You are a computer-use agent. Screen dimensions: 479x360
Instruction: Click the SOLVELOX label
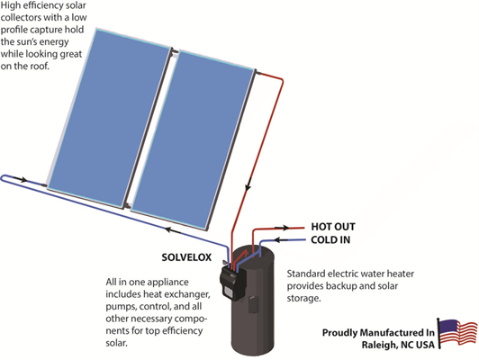pos(186,257)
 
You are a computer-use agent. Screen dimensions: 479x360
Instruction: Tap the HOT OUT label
pos(333,227)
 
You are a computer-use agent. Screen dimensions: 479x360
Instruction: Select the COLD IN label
pos(330,240)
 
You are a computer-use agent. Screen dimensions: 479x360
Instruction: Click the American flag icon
pos(457,333)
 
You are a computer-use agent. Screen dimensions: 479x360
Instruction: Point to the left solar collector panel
pos(108,116)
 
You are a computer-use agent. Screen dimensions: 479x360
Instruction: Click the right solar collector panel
pos(193,139)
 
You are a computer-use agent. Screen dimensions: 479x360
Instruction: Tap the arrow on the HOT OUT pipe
pos(282,228)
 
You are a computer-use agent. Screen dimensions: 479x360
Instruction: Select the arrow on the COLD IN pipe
pos(281,240)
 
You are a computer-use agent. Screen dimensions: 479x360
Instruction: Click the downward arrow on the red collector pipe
pos(249,184)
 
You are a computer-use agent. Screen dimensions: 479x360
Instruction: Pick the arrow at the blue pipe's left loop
pos(21,179)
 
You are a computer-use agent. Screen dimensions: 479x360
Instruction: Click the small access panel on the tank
pos(254,304)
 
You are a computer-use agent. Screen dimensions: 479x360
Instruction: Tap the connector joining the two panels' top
pos(175,52)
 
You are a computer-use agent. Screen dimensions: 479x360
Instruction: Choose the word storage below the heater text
pos(303,298)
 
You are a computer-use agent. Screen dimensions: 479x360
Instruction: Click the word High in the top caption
pos(10,5)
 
